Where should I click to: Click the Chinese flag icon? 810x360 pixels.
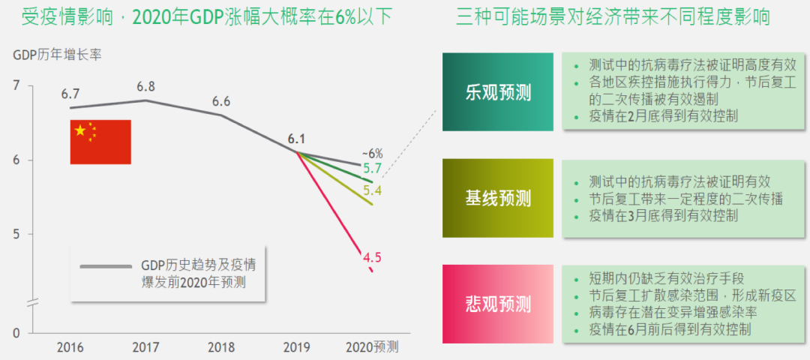[100, 142]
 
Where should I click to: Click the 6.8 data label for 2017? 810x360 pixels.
[145, 86]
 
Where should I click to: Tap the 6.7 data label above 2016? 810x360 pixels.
[70, 94]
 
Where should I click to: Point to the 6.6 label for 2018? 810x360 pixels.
[221, 101]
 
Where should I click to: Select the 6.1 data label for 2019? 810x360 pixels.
[296, 139]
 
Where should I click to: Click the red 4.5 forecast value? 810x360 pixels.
[372, 258]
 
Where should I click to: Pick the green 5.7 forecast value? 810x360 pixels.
[372, 168]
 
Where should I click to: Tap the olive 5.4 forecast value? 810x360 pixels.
[372, 190]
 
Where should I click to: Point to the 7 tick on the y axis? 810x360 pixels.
[16, 86]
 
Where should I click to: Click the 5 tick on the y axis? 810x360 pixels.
[16, 235]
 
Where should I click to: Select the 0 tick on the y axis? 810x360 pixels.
[16, 333]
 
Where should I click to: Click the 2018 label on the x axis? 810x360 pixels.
[221, 347]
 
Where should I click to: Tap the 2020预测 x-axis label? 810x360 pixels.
[372, 347]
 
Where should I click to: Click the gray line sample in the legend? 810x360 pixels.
[104, 266]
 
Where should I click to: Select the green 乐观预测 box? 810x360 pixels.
[498, 92]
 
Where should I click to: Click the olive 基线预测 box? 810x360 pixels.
[498, 198]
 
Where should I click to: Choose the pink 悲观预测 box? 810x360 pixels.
[498, 304]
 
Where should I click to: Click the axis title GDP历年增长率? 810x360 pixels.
[57, 55]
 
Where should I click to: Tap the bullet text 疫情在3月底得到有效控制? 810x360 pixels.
[664, 216]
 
